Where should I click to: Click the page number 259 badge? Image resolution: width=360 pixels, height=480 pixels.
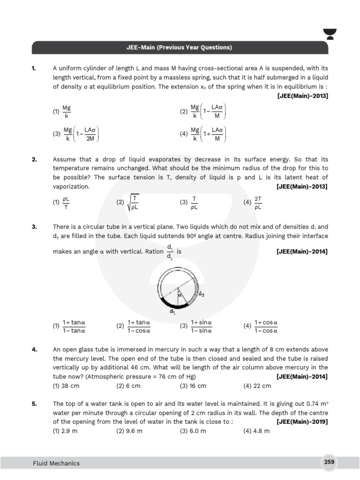[329, 462]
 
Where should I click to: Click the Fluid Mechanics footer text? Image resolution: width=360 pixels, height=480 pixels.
[56, 463]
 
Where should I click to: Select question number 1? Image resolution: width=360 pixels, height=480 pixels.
[34, 69]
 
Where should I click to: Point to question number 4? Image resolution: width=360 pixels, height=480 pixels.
[34, 350]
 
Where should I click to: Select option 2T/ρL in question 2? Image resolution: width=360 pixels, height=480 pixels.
[254, 202]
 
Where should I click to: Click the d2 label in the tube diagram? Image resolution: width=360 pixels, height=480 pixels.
[201, 294]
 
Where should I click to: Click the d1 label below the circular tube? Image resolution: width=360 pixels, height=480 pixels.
[172, 311]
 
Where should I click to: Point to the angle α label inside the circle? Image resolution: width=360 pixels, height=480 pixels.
[179, 294]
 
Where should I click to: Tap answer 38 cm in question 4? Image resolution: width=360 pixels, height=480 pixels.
[66, 386]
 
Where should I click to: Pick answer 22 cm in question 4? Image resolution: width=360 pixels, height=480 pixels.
[257, 386]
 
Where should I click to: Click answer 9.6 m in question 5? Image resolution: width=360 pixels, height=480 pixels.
[129, 431]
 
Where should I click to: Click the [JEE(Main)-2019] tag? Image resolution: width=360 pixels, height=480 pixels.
[302, 422]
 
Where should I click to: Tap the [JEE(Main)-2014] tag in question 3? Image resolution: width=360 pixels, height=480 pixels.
[302, 252]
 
